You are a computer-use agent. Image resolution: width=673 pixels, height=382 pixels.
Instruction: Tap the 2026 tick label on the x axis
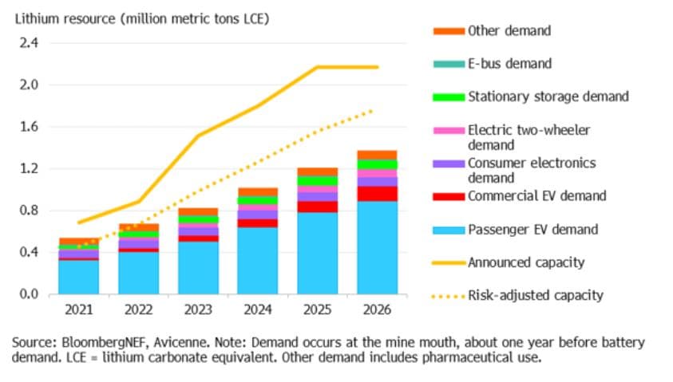pos(377,309)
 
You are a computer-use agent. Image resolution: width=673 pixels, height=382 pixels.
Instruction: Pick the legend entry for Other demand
pos(509,31)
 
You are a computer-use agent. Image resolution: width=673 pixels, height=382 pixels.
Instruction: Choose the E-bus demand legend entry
pos(509,64)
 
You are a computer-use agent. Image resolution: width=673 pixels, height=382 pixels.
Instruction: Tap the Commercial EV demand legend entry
pos(536,196)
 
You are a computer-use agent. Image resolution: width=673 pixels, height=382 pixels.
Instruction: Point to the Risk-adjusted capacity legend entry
pos(535,296)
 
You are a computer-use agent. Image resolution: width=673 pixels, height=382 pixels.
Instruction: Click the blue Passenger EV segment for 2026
pos(377,248)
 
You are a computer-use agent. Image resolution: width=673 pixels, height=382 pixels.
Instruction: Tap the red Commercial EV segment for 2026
pos(377,194)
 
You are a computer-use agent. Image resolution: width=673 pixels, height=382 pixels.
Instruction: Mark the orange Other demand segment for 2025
pos(316,171)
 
